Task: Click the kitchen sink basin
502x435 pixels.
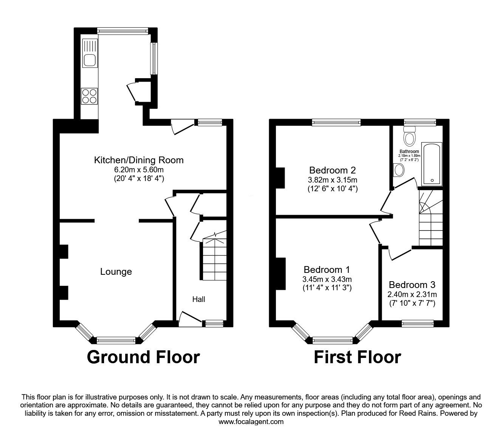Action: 90,60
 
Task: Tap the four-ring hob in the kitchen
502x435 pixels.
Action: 90,96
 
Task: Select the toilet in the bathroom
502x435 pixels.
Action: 410,136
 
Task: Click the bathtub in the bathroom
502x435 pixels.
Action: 432,164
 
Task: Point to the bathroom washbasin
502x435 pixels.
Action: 398,170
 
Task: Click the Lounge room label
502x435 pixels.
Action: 116,271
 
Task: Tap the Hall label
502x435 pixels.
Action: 199,299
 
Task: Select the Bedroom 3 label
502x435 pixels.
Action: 412,285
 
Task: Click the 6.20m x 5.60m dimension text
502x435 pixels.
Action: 139,169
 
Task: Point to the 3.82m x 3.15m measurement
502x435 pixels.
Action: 333,180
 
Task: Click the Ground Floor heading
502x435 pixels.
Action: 143,357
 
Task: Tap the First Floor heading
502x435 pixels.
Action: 358,357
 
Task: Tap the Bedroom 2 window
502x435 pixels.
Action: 336,122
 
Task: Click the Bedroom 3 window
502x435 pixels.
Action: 417,324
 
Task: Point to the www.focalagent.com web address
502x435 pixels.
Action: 251,422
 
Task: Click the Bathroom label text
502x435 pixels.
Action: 409,151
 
